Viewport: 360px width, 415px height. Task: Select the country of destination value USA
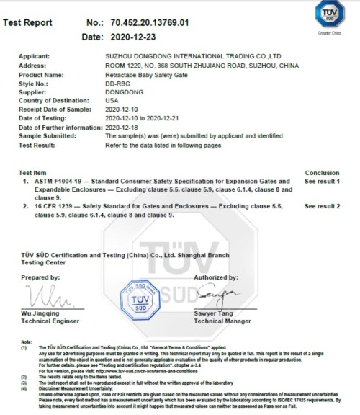[x=113, y=102]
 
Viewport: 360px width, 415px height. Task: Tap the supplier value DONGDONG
[x=123, y=93]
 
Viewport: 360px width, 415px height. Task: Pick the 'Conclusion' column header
[x=322, y=173]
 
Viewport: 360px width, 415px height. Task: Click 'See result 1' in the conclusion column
[x=322, y=181]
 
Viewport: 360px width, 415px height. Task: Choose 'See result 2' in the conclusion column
[x=322, y=206]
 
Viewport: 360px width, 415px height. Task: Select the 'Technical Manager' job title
[x=224, y=321]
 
